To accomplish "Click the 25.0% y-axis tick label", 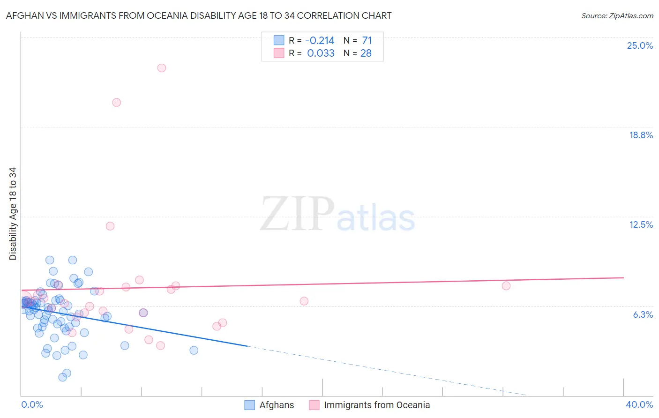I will pyautogui.click(x=640, y=45).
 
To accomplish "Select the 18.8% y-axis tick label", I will pyautogui.click(x=641, y=135).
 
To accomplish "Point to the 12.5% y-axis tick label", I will pyautogui.click(x=641, y=224).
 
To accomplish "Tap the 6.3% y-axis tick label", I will pyautogui.click(x=643, y=314).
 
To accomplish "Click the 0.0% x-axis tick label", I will pyautogui.click(x=32, y=404).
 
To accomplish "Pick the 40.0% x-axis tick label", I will pyautogui.click(x=639, y=404).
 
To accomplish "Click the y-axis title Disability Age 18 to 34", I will pyautogui.click(x=13, y=214).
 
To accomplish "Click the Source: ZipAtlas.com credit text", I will pyautogui.click(x=617, y=15).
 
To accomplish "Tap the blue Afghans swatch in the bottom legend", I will pyautogui.click(x=250, y=405).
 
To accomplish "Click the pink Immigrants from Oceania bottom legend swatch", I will pyautogui.click(x=314, y=405).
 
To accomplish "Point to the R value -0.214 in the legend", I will pyautogui.click(x=320, y=41).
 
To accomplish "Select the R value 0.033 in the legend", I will pyautogui.click(x=321, y=53).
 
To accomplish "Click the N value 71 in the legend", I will pyautogui.click(x=367, y=41).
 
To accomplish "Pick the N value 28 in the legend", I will pyautogui.click(x=366, y=53).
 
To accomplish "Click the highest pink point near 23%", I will pyautogui.click(x=162, y=68).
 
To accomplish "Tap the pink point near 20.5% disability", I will pyautogui.click(x=117, y=103).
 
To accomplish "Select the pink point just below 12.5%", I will pyautogui.click(x=110, y=226).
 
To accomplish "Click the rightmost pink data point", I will pyautogui.click(x=506, y=286).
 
